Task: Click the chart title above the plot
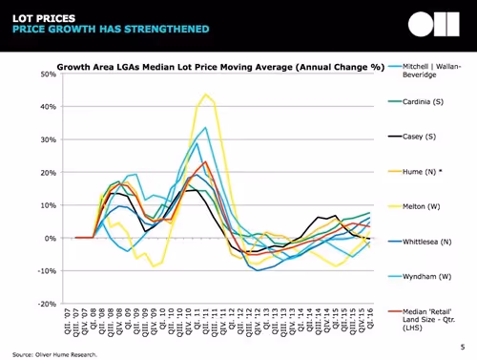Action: tap(219, 67)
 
